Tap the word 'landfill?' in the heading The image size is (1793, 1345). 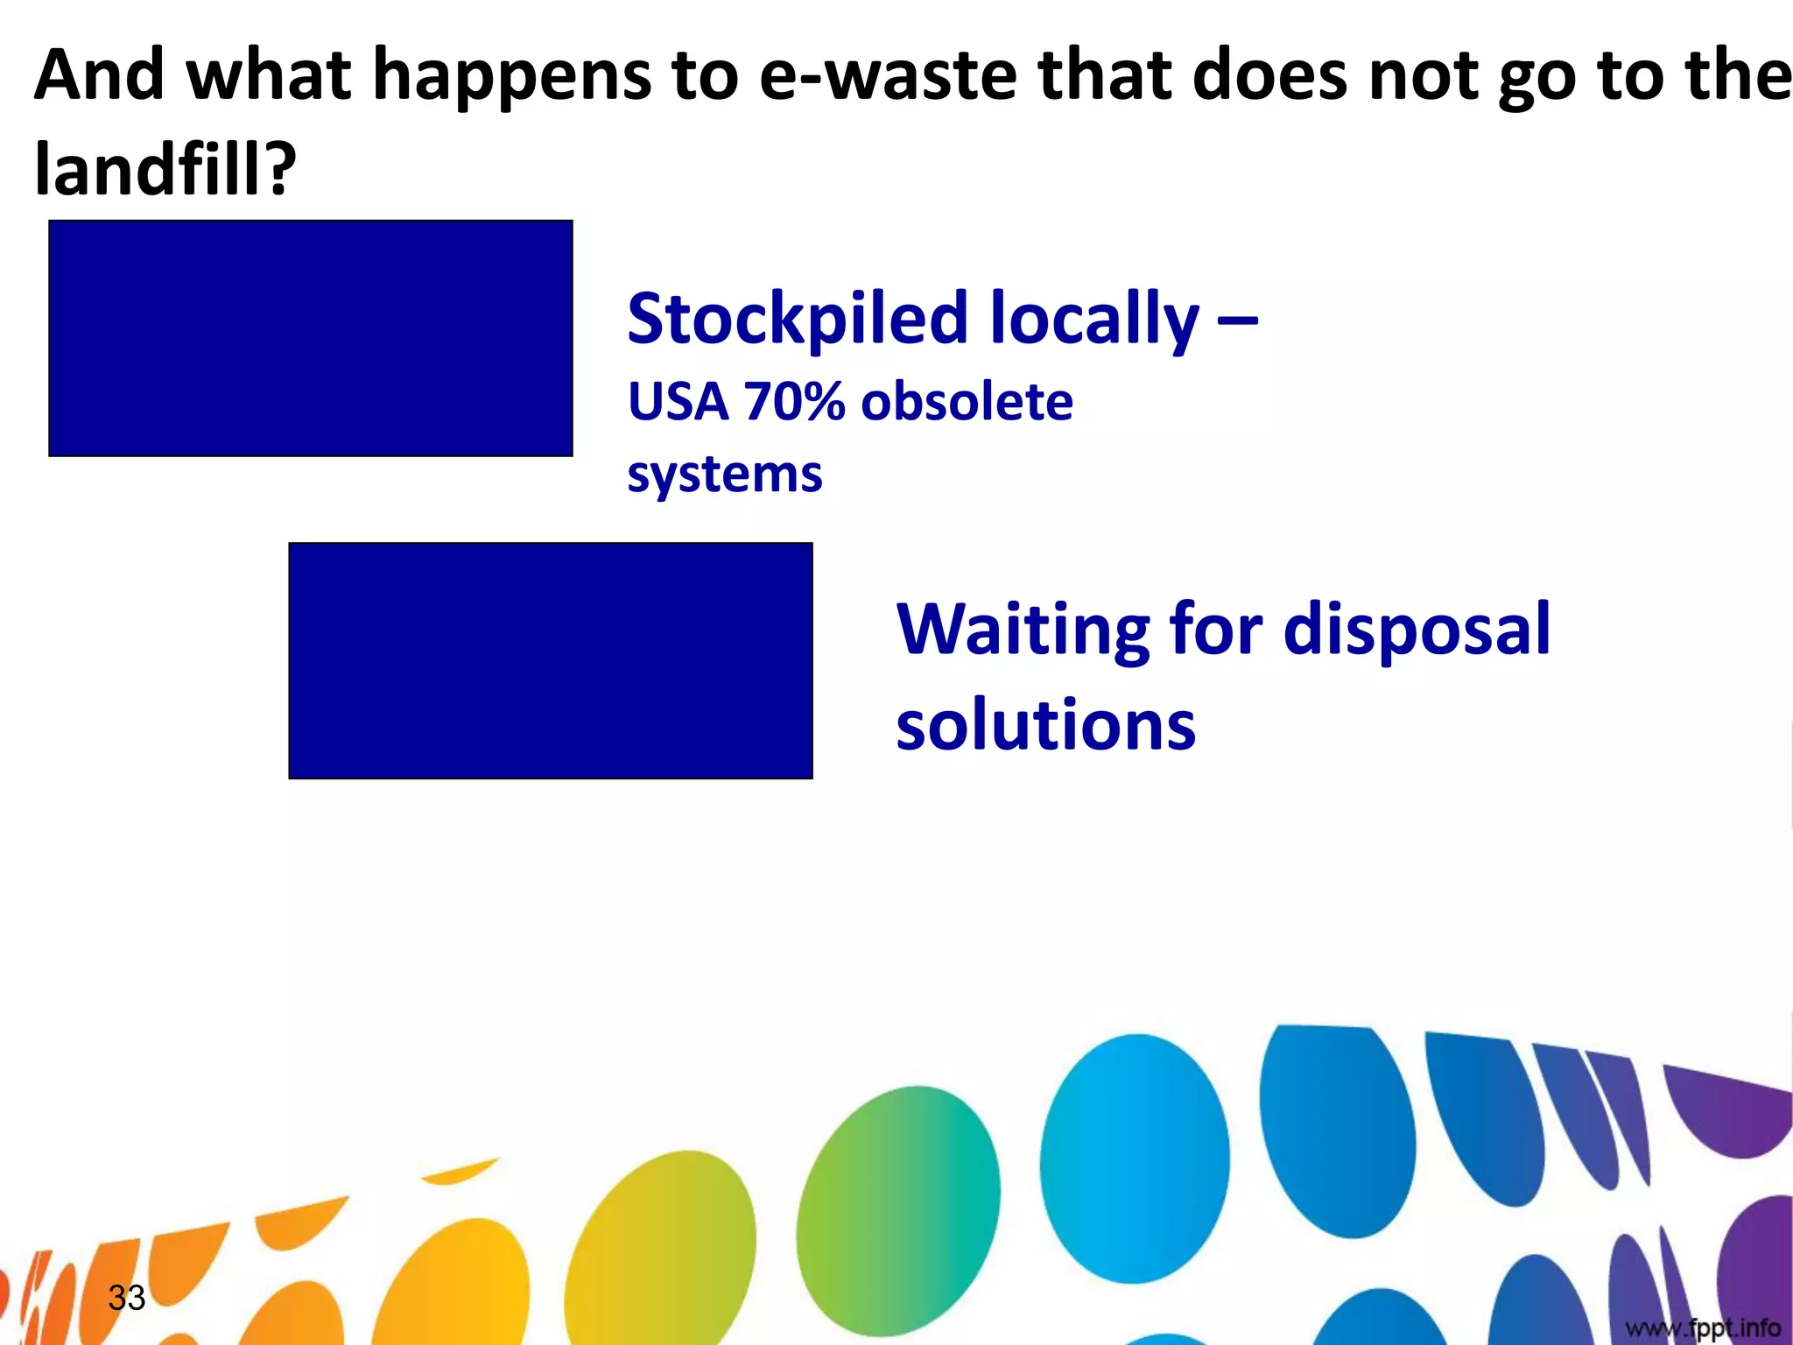pyautogui.click(x=165, y=168)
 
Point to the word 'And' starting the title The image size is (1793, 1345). pyautogui.click(x=99, y=75)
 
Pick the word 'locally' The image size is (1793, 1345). pyautogui.click(x=1094, y=320)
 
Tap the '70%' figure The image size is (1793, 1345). pyautogui.click(x=795, y=403)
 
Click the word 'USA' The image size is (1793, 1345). pyautogui.click(x=679, y=403)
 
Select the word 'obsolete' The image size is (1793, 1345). pyautogui.click(x=967, y=403)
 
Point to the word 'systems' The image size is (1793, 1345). pyautogui.click(x=725, y=476)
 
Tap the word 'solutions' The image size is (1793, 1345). pyautogui.click(x=1045, y=726)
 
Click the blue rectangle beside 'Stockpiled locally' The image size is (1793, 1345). pyautogui.click(x=311, y=338)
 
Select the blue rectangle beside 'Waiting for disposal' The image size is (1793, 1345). pyautogui.click(x=551, y=660)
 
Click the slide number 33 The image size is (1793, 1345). pyautogui.click(x=126, y=1298)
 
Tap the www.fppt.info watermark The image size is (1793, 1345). pyautogui.click(x=1703, y=1327)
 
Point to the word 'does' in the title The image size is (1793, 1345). pyautogui.click(x=1269, y=76)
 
